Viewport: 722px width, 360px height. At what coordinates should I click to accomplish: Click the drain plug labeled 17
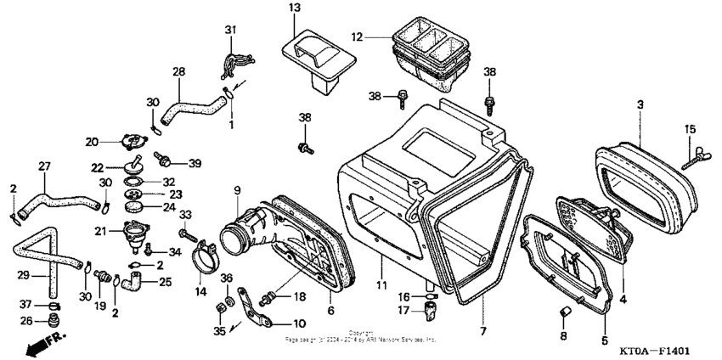tap(430, 311)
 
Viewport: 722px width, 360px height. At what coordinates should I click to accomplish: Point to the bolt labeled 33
tap(186, 232)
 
